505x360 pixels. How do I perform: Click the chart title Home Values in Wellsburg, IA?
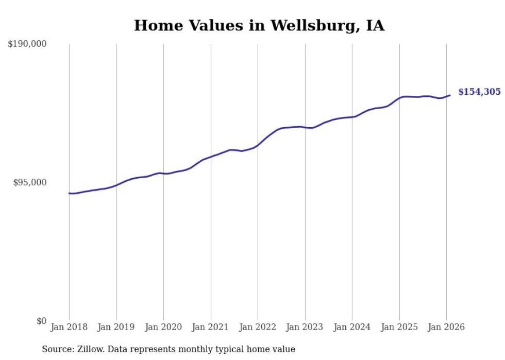[x=259, y=26]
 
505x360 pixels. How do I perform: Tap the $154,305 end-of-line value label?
[x=479, y=92]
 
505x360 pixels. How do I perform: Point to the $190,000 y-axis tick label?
[x=27, y=44]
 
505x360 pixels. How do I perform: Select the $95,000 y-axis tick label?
[x=29, y=182]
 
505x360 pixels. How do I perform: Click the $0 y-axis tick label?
[x=41, y=321]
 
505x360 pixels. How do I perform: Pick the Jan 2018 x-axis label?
[x=69, y=328]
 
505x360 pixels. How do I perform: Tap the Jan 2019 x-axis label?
[x=116, y=328]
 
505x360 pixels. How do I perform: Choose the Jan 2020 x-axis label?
[x=163, y=328]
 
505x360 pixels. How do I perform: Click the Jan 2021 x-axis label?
[x=211, y=328]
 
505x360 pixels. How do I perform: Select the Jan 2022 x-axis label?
[x=258, y=328]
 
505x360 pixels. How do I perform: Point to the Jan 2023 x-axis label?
[x=305, y=328]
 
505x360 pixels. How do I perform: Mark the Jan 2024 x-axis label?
[x=352, y=328]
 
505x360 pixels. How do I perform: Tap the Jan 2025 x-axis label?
[x=399, y=328]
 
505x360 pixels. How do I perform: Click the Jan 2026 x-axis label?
[x=446, y=328]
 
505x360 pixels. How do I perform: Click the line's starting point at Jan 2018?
[x=69, y=193]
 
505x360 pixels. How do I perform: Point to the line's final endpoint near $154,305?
[x=450, y=95]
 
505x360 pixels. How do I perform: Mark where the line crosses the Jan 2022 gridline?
[x=258, y=145]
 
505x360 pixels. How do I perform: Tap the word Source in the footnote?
[x=56, y=350]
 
